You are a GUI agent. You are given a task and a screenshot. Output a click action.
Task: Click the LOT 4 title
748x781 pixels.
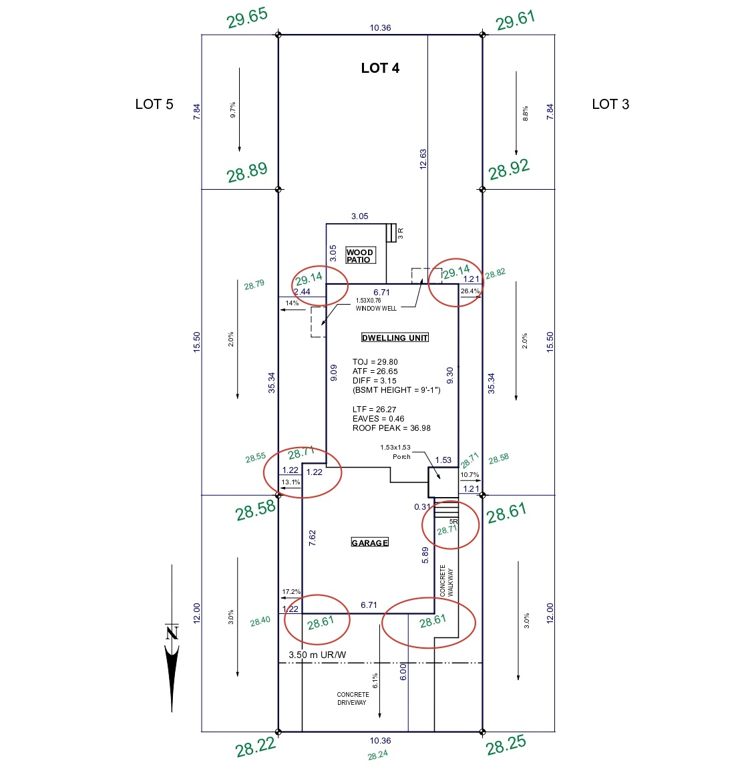[380, 68]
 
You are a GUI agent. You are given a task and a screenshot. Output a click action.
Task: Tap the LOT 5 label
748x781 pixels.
[154, 104]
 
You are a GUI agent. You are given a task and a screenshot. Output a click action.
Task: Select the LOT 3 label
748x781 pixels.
[610, 104]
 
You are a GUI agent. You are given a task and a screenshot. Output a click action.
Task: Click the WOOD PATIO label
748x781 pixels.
[360, 256]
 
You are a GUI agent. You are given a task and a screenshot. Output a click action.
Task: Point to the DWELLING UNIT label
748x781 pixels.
[395, 338]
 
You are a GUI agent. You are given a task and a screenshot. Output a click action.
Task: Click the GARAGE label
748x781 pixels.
[370, 542]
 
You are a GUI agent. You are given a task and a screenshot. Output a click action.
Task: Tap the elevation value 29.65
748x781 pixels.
[247, 18]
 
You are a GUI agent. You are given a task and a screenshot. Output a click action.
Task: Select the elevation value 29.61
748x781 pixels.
[516, 20]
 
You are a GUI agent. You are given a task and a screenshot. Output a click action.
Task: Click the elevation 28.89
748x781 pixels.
[247, 172]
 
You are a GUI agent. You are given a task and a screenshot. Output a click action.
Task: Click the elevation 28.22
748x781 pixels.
[255, 747]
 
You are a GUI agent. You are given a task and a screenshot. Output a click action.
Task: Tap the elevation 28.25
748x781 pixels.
[506, 745]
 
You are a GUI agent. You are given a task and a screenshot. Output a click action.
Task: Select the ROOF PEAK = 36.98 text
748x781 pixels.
[391, 428]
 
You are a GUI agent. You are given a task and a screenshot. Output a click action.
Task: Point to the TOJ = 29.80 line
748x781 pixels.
[375, 362]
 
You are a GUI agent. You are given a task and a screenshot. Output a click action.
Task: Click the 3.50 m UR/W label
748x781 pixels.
[317, 655]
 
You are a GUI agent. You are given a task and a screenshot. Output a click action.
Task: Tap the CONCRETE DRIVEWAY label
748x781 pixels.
[353, 699]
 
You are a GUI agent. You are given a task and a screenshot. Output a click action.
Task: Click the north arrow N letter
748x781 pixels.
[172, 631]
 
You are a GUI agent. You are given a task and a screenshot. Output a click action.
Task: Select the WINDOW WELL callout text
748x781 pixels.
[375, 309]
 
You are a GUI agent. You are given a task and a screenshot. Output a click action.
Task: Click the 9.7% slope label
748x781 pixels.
[232, 110]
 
